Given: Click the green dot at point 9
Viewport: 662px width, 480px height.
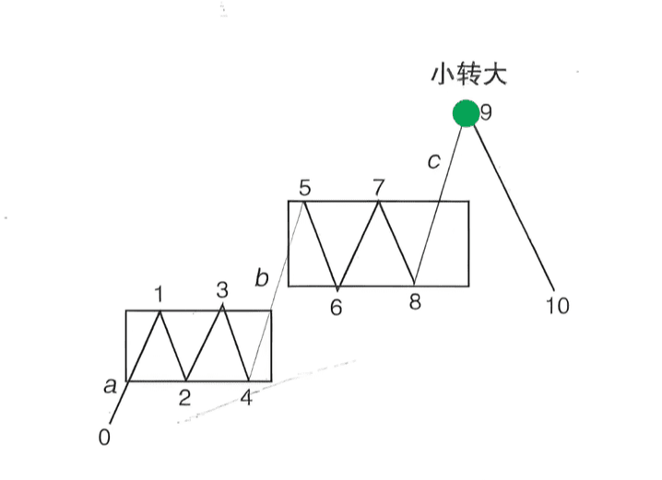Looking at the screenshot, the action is coord(466,113).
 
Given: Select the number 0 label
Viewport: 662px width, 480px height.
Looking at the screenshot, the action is coord(104,437).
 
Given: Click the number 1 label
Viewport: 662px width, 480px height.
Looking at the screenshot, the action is coord(160,295).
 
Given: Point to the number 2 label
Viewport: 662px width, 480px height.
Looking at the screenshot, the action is coord(185,398).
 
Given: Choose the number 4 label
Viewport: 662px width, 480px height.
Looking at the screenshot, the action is coord(246,399).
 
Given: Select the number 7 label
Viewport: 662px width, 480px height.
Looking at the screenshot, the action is coord(378,187).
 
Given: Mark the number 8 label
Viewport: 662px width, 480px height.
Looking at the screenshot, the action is coord(415,302).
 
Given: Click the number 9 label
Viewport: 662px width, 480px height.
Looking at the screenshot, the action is coord(486,113).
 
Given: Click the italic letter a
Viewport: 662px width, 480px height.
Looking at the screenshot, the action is coord(110,387).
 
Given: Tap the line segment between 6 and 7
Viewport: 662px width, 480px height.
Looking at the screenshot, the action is coord(358,243).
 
